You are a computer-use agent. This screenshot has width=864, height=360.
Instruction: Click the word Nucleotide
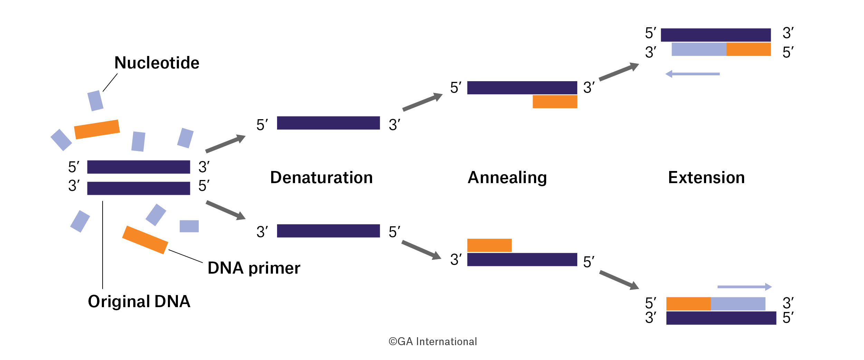click(x=157, y=63)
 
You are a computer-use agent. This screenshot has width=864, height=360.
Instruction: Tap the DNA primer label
click(x=254, y=268)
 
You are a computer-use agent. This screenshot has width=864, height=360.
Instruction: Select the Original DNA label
click(x=139, y=301)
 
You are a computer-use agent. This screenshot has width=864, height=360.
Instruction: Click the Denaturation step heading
click(x=321, y=178)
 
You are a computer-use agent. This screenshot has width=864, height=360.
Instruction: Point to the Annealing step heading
click(x=507, y=178)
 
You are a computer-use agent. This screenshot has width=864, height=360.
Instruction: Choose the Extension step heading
click(x=706, y=178)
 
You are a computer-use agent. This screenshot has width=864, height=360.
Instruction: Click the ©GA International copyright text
click(x=433, y=341)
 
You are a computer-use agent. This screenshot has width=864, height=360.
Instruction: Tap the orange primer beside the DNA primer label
click(x=145, y=240)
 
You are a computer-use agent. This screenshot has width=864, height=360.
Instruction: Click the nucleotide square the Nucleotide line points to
click(x=95, y=101)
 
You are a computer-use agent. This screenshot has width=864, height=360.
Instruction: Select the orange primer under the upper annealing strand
click(x=554, y=102)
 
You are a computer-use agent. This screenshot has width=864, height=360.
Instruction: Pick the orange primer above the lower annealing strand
click(x=489, y=245)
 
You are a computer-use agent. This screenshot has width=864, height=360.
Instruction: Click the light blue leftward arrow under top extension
click(x=692, y=74)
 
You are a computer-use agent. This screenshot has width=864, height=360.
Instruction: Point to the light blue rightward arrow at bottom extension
click(x=744, y=287)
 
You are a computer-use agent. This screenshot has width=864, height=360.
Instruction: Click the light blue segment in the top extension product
click(x=699, y=49)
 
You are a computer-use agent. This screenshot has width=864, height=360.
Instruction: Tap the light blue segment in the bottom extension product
click(x=738, y=304)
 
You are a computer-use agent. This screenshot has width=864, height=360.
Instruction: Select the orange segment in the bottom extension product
click(x=688, y=304)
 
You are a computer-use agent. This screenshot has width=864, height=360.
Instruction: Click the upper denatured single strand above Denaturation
click(x=328, y=123)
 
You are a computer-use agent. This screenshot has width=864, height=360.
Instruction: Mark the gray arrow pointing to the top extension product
click(x=618, y=72)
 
